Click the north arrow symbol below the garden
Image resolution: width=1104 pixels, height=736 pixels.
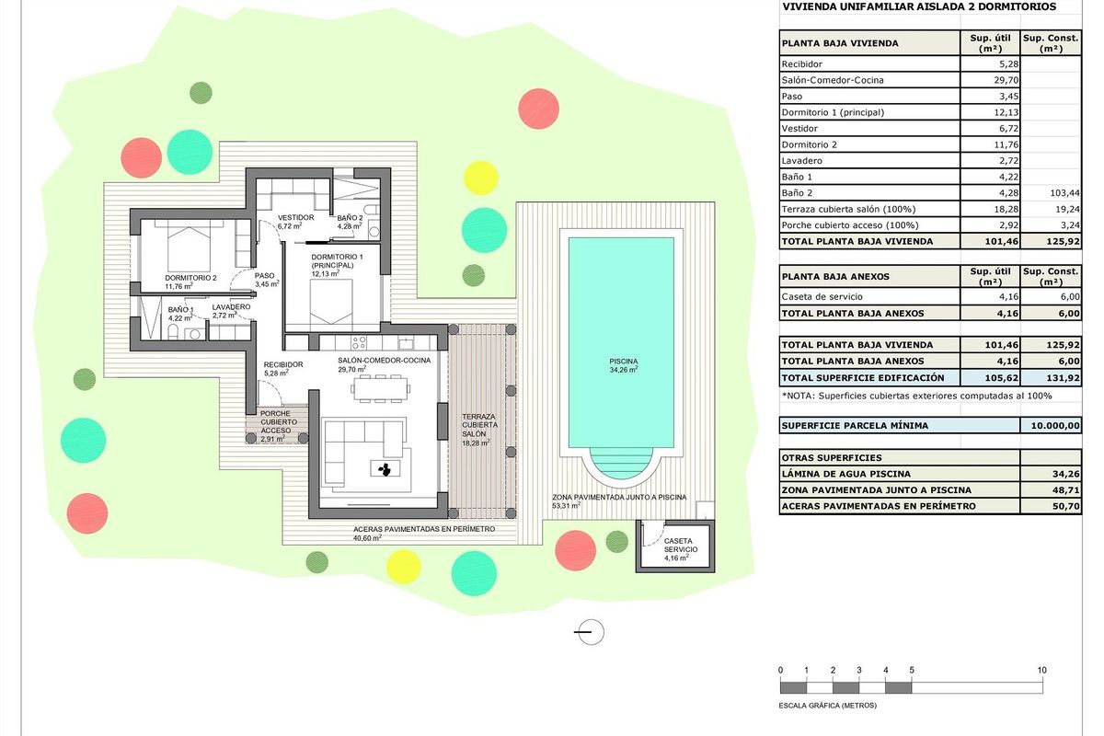tap(589, 631)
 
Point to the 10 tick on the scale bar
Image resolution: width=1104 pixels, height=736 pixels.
tap(1042, 670)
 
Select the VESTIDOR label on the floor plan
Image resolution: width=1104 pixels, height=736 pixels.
tap(296, 219)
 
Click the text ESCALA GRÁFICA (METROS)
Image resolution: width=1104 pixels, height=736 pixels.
tap(828, 706)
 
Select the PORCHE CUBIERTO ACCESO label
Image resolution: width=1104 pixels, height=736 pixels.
tap(275, 426)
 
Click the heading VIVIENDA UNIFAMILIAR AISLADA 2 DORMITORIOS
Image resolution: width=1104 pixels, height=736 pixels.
tap(918, 6)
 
